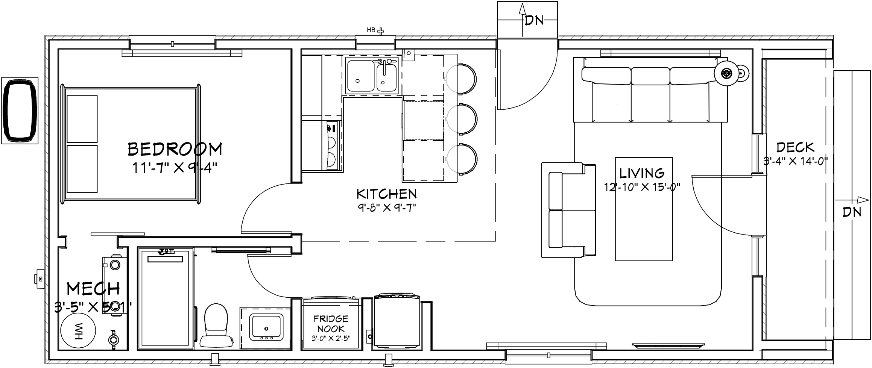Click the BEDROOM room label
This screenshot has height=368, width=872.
(175, 149)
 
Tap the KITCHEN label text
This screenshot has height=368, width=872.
(387, 194)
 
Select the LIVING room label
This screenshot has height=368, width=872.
(642, 173)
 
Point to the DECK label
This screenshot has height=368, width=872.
(795, 147)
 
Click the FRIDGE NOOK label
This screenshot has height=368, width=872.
(331, 324)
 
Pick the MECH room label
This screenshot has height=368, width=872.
(93, 289)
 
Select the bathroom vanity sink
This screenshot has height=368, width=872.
(267, 326)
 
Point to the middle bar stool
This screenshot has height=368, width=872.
(462, 119)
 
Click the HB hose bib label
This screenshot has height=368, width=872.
(371, 30)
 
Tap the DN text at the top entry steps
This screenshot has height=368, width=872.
(534, 21)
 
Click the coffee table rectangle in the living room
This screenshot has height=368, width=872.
(644, 209)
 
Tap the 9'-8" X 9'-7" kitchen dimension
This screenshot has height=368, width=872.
(387, 207)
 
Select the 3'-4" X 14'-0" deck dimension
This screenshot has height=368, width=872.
(796, 161)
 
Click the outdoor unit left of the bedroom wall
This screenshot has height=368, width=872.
(20, 111)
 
